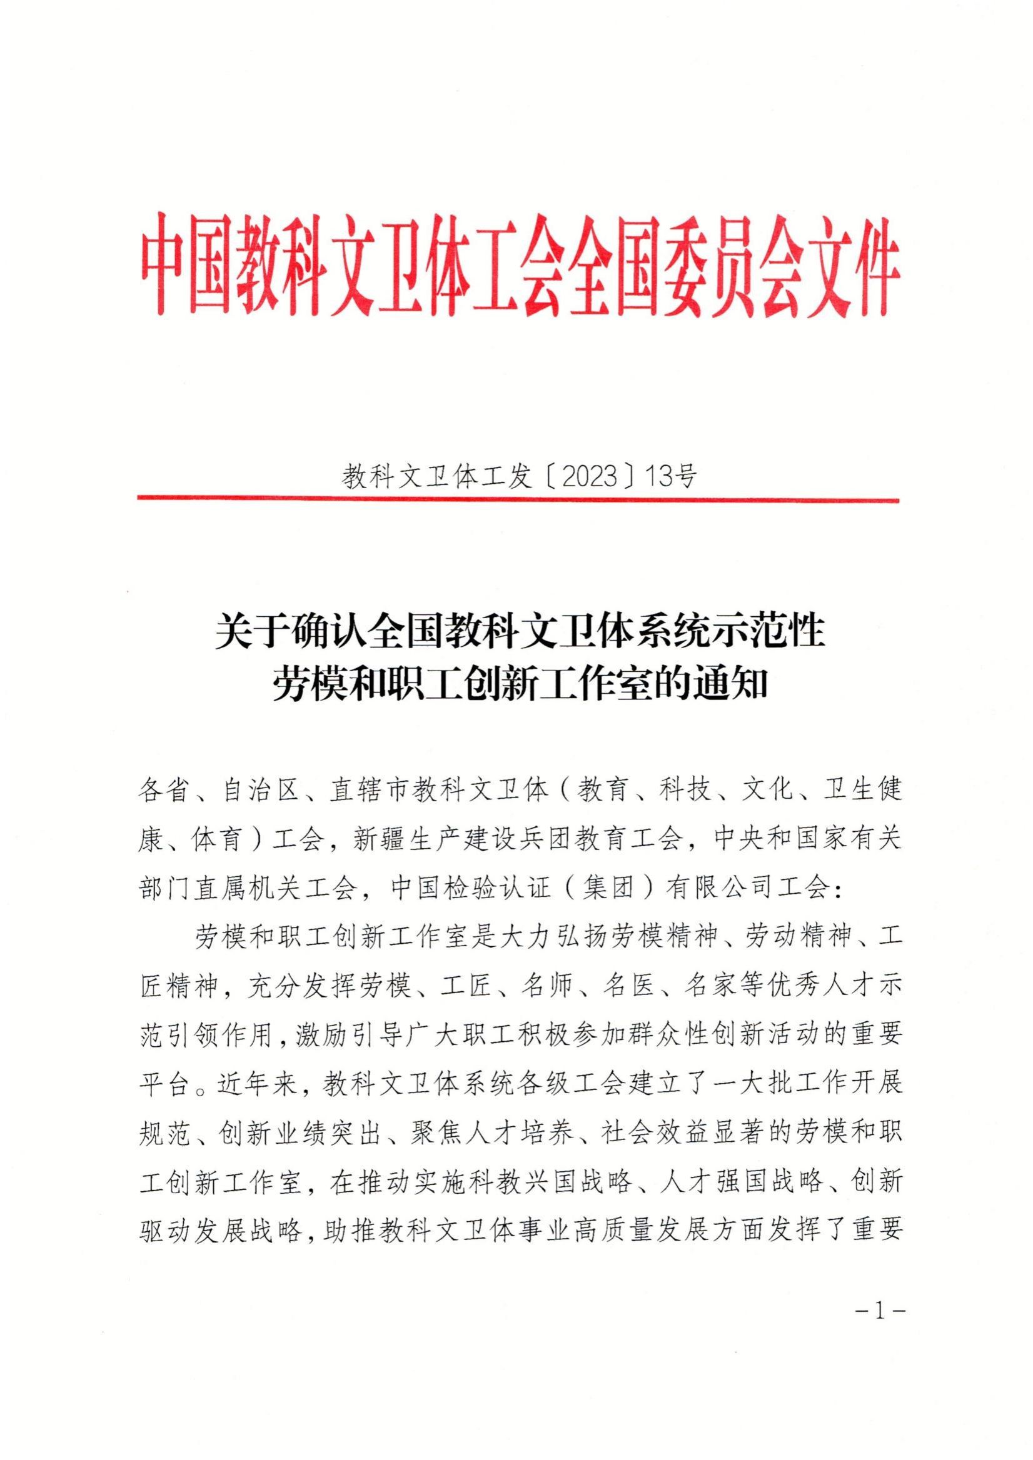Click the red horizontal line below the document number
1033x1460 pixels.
click(518, 500)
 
